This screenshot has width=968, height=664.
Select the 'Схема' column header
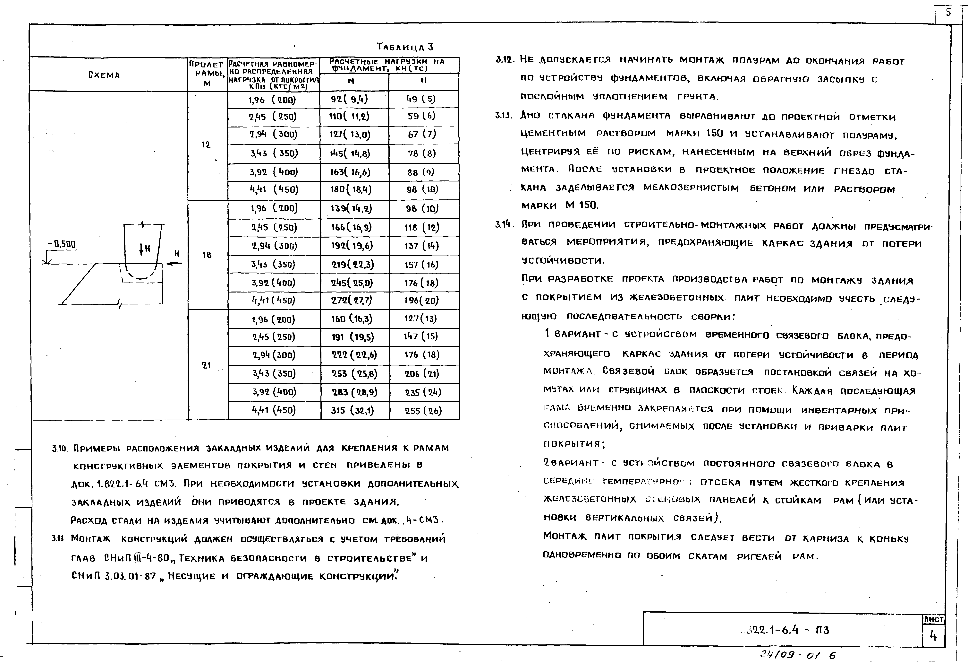104,75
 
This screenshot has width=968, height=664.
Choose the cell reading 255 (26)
423,411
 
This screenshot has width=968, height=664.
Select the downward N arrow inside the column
142,249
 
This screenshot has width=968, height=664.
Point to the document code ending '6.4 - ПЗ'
785,630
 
